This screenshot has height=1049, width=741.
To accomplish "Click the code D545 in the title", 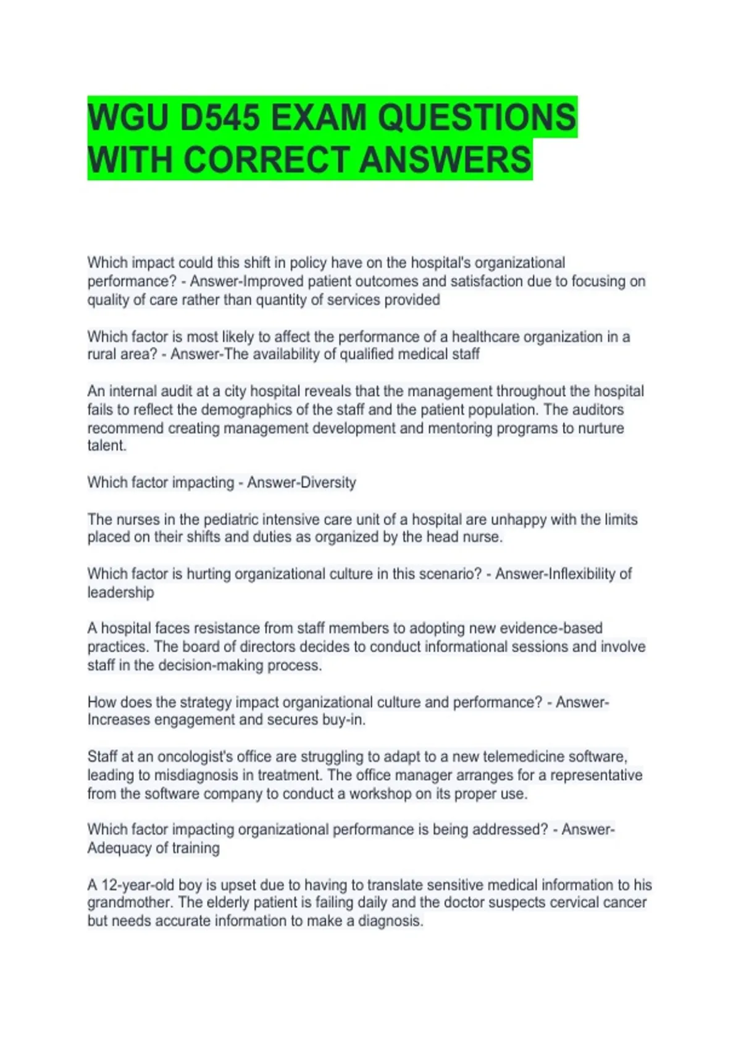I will point(219,117).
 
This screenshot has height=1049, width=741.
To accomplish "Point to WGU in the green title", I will point(127,117).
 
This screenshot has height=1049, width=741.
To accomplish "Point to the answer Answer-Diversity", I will point(301,483).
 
